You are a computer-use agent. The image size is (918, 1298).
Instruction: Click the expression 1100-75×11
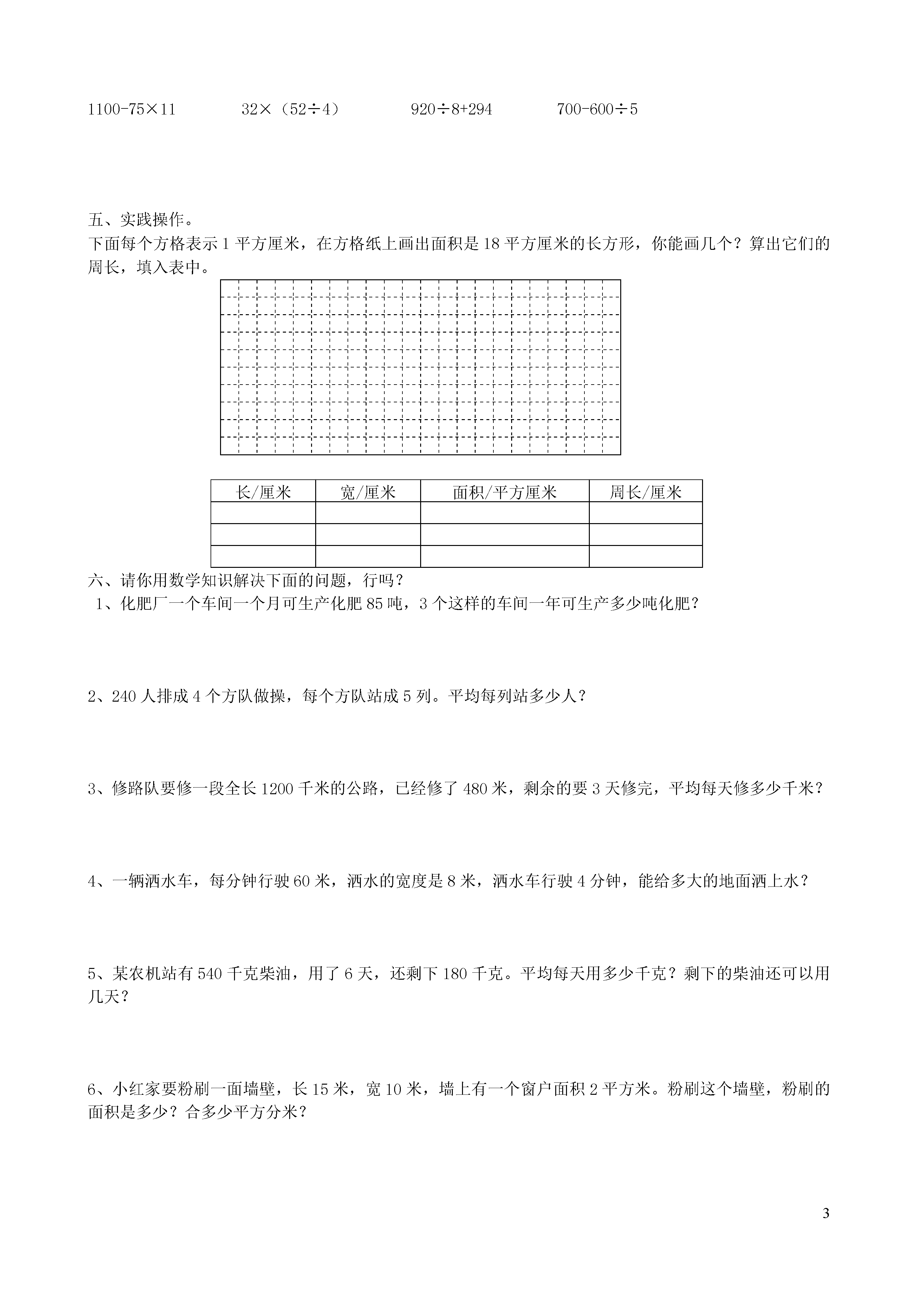(132, 109)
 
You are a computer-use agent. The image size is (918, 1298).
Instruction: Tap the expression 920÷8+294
(451, 109)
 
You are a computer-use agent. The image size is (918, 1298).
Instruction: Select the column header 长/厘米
(263, 492)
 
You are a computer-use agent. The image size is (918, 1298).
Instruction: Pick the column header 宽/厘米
(368, 492)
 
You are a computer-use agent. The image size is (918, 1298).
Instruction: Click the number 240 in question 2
(124, 697)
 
